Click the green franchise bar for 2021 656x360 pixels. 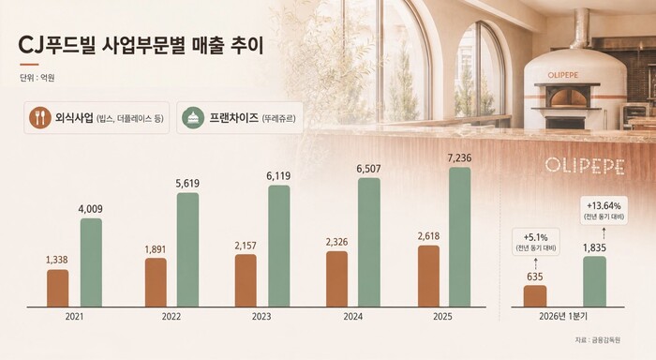[x=91, y=262]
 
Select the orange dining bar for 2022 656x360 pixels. [x=156, y=282]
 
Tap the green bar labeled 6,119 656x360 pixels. [x=279, y=247]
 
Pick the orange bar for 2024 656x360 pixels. [x=336, y=279]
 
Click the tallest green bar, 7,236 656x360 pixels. [x=460, y=237]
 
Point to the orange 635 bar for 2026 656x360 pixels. [x=535, y=296]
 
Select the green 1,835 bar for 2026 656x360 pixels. [x=594, y=282]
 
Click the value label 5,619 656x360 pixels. [x=187, y=184]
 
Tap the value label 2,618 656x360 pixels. [x=428, y=236]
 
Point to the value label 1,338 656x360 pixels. [x=57, y=260]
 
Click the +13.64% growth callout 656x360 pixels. [x=604, y=210]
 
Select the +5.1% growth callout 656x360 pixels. [x=535, y=242]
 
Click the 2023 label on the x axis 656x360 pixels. [x=261, y=317]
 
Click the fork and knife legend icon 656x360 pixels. [x=40, y=117]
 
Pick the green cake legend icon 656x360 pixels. [x=193, y=117]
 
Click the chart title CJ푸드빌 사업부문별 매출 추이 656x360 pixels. [x=141, y=46]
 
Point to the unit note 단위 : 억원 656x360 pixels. [x=37, y=78]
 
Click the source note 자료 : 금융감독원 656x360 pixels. [x=598, y=340]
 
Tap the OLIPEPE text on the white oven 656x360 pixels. [x=563, y=75]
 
